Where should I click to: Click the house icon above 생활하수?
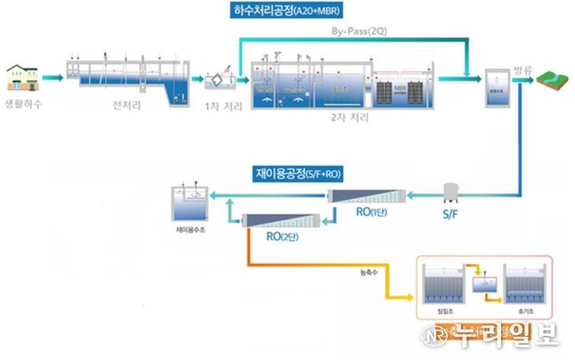click(23, 77)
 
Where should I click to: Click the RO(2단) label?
click(281, 237)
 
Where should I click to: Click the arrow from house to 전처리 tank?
click(53, 78)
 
